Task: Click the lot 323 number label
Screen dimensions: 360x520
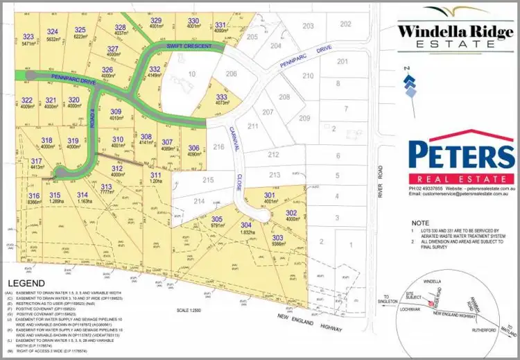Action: coord(28,36)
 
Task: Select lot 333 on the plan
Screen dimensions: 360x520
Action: coord(222,96)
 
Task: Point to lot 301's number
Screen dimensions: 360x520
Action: coord(269,195)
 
